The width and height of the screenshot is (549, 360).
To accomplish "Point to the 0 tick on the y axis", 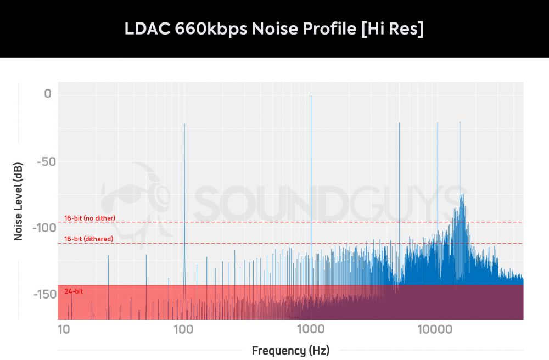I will (48, 94).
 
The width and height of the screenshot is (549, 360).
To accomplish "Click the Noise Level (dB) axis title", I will (18, 203).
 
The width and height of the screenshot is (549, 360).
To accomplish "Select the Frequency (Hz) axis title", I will (290, 350).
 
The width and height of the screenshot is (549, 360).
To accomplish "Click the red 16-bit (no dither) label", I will (89, 218).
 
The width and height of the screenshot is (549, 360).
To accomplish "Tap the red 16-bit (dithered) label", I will (88, 239).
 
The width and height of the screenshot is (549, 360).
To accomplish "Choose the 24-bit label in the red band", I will (74, 291).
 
